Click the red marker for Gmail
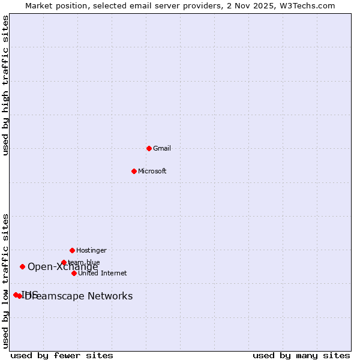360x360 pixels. [149, 148]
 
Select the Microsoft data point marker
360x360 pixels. [134, 171]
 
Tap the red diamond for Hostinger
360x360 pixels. [72, 250]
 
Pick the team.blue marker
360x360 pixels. [64, 262]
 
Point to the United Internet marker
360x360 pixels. [74, 273]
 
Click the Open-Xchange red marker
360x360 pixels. [22, 266]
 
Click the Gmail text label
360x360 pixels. [162, 148]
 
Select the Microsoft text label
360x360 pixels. [152, 171]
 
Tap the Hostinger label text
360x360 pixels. [91, 250]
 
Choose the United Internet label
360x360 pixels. [102, 273]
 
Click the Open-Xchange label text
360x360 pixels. [62, 267]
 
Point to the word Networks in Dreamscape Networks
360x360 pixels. [110, 296]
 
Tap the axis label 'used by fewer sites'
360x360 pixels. [62, 355]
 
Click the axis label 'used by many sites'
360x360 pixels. [301, 355]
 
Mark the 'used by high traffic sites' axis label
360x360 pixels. [6, 85]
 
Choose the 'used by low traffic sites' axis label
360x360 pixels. [6, 281]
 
